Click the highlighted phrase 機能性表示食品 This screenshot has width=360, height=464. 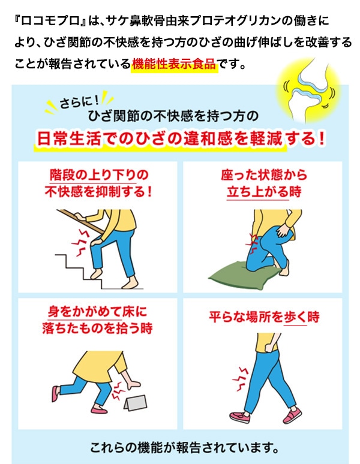(174, 64)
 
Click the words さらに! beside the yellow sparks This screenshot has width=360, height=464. (79, 101)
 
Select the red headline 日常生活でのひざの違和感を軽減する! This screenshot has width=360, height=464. (181, 138)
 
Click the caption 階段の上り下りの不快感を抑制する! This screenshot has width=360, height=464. (98, 183)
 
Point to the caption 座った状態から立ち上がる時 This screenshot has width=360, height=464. (263, 183)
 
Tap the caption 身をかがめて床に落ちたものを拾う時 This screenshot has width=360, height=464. (97, 320)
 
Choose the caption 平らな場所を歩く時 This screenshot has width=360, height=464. (264, 317)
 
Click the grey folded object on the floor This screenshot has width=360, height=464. (135, 403)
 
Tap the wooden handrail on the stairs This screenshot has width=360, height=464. (80, 221)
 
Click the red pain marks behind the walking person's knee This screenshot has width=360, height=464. (240, 379)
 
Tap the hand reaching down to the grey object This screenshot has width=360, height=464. (133, 385)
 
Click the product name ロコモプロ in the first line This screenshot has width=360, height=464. (50, 21)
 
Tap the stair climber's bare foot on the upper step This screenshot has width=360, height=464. (96, 274)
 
